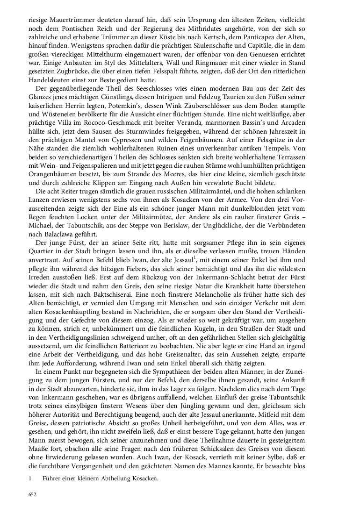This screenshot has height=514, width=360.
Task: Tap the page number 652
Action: tap(32, 495)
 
